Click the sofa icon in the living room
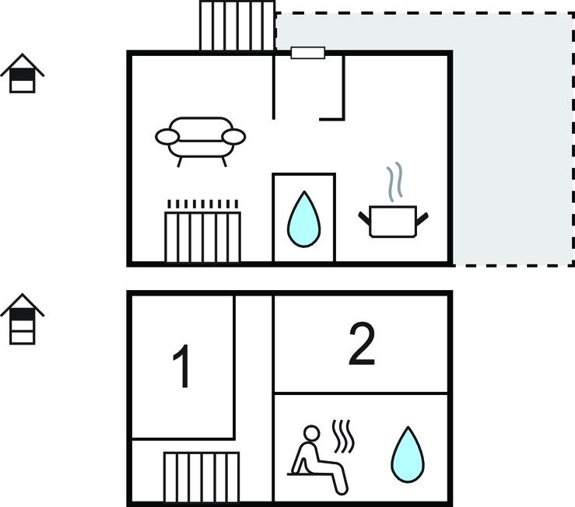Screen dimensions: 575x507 200,142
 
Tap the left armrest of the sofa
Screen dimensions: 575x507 167,137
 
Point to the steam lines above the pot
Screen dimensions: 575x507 394,182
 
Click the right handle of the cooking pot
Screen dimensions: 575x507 422,219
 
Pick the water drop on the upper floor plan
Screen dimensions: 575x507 303,219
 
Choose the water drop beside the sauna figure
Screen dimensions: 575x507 408,454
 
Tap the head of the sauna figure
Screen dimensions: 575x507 312,433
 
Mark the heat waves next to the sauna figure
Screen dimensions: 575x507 344,436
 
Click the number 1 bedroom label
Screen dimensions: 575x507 181,365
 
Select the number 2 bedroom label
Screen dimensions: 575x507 362,344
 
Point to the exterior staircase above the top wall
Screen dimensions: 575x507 237,26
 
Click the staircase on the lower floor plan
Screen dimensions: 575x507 202,477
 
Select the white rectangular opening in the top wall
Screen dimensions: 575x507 307,53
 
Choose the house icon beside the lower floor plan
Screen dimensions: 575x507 23,319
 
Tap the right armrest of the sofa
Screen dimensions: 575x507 233,137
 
